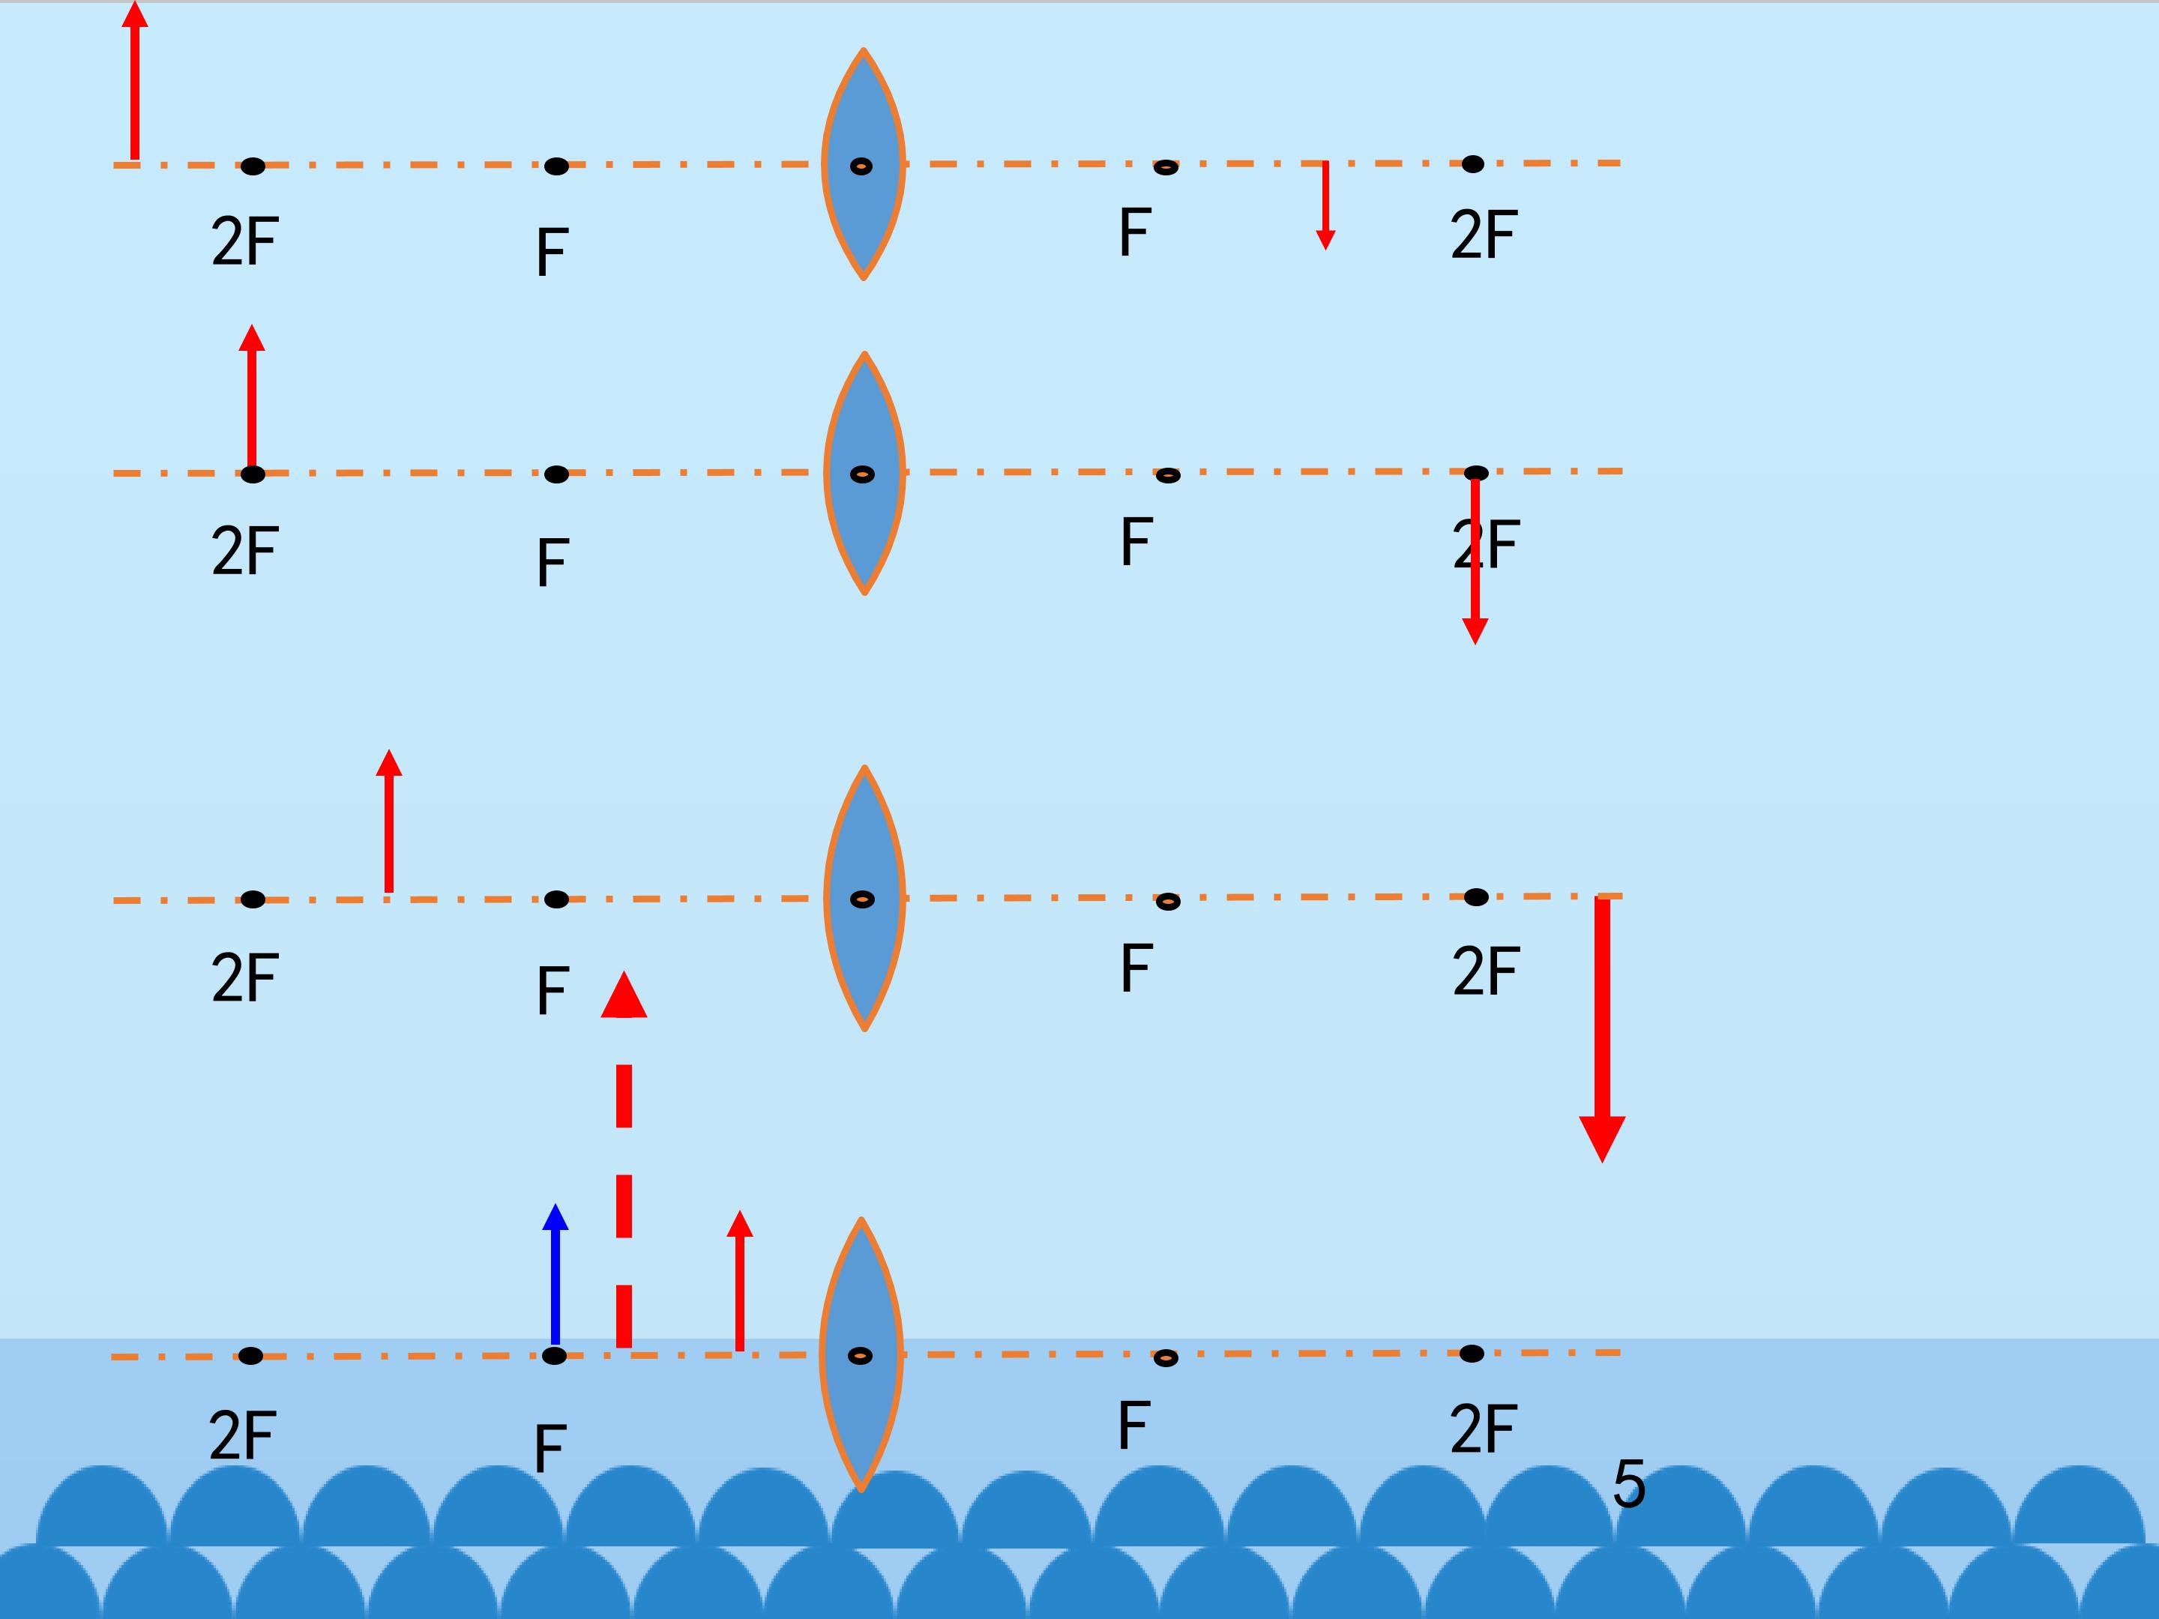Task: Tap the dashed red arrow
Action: (624, 1161)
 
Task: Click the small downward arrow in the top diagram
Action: (1325, 205)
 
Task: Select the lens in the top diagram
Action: (864, 164)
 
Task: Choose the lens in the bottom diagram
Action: (861, 1354)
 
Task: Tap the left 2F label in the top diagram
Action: (245, 242)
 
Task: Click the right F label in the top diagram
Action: (1134, 232)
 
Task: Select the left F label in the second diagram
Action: (552, 562)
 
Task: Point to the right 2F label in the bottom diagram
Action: (1483, 1429)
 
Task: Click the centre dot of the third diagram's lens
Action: (862, 899)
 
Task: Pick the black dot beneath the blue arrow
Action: (555, 1355)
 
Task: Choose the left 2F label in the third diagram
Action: (245, 978)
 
